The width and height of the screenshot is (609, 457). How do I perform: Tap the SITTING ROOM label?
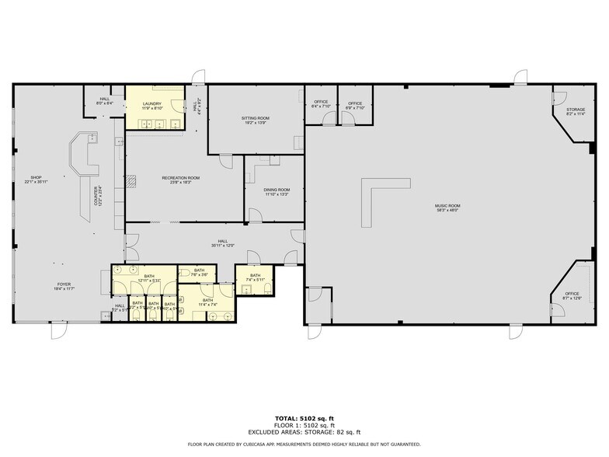pos(255,118)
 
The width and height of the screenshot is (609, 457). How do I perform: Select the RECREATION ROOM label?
pos(181,178)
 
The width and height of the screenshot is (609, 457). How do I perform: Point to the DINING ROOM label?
pos(277,190)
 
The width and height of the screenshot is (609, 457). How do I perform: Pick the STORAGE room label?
pos(575,110)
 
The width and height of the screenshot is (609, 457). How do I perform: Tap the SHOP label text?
pos(35,176)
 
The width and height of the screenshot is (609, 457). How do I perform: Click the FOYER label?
pos(63,284)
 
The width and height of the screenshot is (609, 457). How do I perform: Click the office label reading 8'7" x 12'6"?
pos(572,298)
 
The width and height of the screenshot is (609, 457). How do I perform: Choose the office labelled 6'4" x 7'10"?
pos(321,107)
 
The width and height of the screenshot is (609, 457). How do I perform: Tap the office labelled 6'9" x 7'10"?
pos(355,107)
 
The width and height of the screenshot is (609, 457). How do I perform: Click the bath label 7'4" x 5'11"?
pos(256,279)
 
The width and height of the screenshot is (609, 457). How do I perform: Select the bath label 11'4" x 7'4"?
pos(207,305)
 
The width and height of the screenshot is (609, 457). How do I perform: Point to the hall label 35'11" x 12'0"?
pos(223,246)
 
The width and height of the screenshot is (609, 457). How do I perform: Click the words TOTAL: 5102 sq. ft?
pos(304,418)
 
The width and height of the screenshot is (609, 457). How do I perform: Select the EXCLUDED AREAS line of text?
pos(304,431)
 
